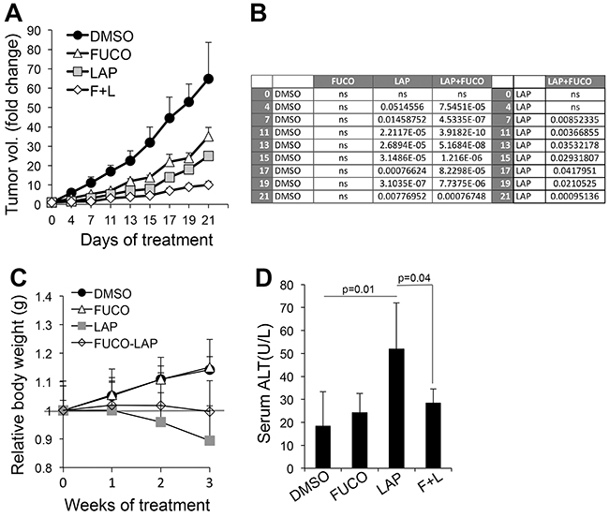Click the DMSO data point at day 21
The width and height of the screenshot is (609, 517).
click(208, 79)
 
